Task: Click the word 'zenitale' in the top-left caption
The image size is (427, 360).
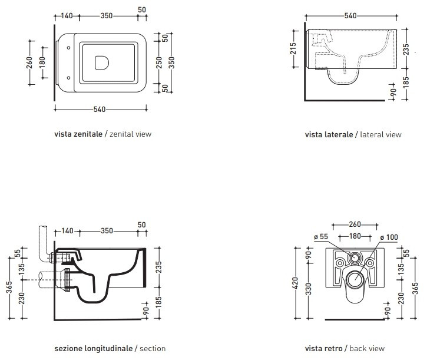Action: (x=88, y=134)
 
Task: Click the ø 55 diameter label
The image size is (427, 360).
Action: (x=321, y=237)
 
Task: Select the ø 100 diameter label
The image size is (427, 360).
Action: (x=389, y=237)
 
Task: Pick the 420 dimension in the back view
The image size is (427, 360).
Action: (x=296, y=283)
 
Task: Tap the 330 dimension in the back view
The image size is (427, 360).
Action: (x=308, y=289)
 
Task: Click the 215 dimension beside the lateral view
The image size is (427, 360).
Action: (x=293, y=48)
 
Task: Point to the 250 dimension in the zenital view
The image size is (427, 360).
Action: (x=159, y=62)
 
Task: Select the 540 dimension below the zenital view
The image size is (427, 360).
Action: (x=100, y=109)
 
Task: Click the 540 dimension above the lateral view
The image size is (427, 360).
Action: (x=350, y=16)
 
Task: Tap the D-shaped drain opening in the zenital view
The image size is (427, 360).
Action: (x=101, y=62)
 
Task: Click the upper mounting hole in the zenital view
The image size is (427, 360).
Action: (x=69, y=48)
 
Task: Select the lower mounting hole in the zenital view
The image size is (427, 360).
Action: (x=69, y=78)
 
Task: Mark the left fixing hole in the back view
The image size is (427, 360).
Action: (x=340, y=263)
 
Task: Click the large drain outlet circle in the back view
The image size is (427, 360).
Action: (x=355, y=279)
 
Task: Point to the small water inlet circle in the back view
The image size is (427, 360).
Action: (x=355, y=257)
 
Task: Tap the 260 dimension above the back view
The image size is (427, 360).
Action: (x=355, y=224)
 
